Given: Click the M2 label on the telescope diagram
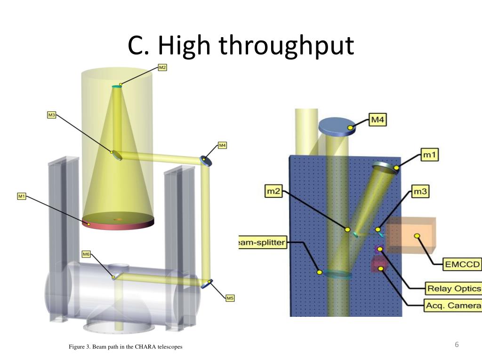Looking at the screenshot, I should (x=162, y=68).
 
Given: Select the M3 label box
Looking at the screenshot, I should (x=52, y=115).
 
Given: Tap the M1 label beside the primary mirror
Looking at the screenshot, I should (x=22, y=196).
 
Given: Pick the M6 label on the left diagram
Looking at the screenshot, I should (x=86, y=254).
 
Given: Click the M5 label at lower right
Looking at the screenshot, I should (x=230, y=298).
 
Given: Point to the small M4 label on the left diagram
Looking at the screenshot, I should (x=223, y=145).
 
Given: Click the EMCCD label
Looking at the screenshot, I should (x=462, y=265).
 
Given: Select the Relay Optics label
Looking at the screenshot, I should (x=453, y=288).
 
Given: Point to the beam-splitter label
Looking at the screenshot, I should (x=262, y=243).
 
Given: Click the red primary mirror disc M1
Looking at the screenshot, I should (x=118, y=223).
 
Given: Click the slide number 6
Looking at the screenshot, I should (x=457, y=345).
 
